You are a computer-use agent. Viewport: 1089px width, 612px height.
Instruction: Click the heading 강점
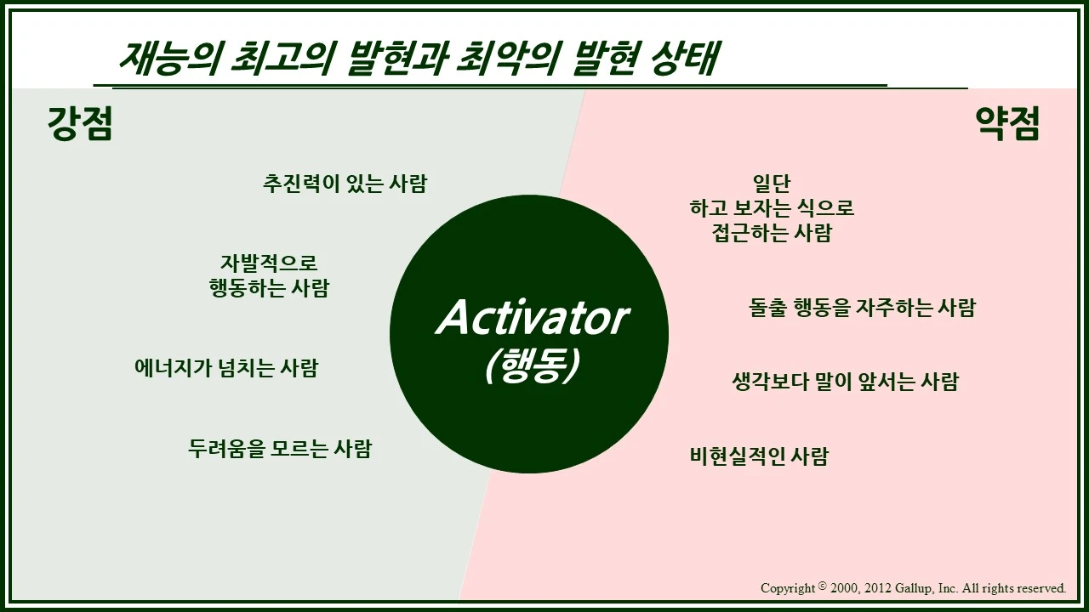click(x=80, y=126)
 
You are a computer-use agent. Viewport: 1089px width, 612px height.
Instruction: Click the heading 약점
click(x=1007, y=126)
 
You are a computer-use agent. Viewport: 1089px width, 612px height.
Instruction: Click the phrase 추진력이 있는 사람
click(x=345, y=184)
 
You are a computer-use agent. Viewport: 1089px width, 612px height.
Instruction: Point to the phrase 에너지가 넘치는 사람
click(x=226, y=368)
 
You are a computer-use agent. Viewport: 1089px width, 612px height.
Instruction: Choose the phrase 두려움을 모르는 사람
click(x=280, y=448)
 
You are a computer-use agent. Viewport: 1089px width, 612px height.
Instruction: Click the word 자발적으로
click(x=269, y=263)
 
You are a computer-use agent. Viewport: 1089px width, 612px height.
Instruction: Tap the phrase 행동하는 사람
click(x=269, y=288)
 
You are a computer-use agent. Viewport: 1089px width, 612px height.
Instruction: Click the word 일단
click(x=772, y=184)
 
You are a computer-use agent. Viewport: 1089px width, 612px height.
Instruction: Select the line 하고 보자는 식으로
click(x=772, y=208)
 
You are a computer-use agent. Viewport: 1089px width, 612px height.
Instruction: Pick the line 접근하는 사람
click(x=772, y=233)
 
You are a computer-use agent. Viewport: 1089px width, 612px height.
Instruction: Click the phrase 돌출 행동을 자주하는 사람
click(x=862, y=308)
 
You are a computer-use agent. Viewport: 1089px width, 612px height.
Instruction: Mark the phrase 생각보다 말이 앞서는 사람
click(x=845, y=382)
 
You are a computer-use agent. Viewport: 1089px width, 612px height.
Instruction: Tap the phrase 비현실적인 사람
click(x=758, y=456)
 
